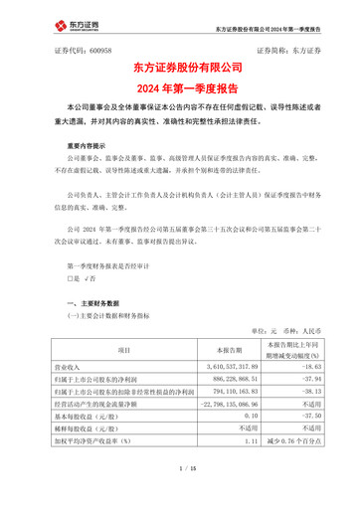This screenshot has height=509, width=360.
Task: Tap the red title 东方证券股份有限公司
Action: click(180, 67)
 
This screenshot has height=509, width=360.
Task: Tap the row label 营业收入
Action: click(73, 368)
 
